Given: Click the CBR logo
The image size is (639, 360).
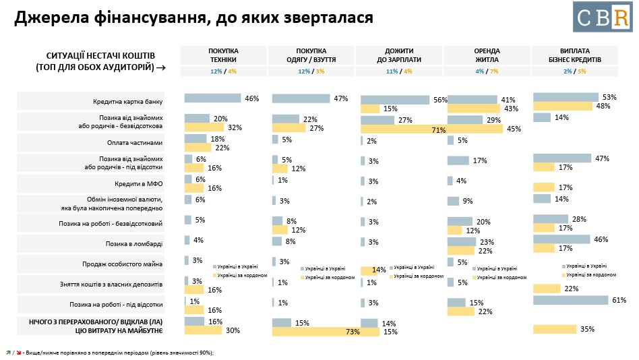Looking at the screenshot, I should [x=602, y=17].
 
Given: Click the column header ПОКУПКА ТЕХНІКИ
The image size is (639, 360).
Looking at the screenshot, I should [x=223, y=55].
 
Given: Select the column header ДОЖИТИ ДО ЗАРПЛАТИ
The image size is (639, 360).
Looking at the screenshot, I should [x=398, y=55].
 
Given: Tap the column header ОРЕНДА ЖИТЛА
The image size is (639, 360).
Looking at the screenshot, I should [x=487, y=55].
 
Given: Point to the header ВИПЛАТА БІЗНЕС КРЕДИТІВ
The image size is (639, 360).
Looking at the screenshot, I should [x=574, y=55].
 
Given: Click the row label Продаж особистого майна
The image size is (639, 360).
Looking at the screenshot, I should [x=133, y=264].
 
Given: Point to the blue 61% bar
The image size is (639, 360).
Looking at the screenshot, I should [x=574, y=299].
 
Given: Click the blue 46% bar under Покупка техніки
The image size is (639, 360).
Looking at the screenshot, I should [x=212, y=98].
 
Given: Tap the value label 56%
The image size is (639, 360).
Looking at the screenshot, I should [x=441, y=100].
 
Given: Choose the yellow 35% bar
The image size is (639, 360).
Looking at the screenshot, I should [x=554, y=329].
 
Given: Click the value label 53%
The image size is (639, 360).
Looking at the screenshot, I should [x=609, y=97].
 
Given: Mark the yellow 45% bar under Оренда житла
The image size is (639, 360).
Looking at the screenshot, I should [x=475, y=129].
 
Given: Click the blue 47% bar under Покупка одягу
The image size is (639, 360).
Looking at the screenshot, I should [x=301, y=98].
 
